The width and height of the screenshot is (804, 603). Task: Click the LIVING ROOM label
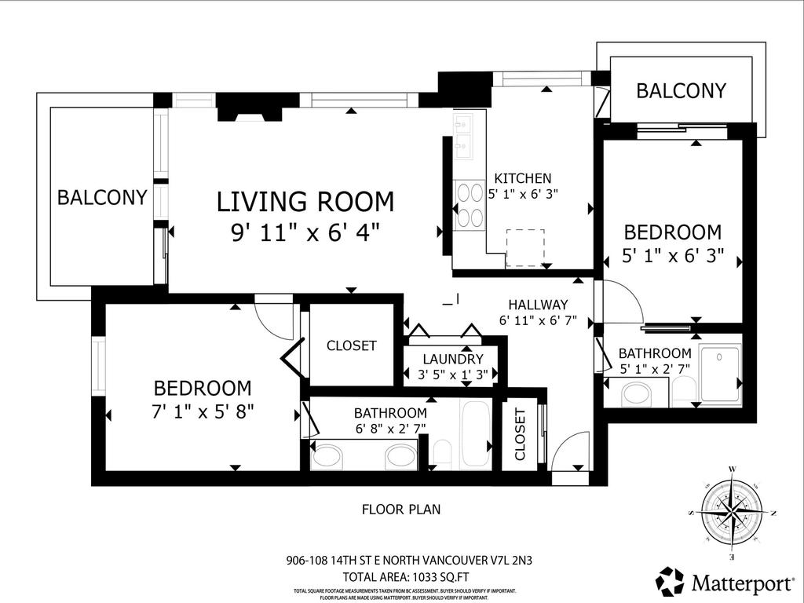(305, 202)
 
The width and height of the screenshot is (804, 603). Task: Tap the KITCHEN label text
(522, 178)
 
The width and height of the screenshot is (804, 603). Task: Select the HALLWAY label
(538, 305)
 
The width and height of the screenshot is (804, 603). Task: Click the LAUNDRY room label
(451, 359)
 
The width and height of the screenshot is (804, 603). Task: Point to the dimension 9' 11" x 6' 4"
(305, 232)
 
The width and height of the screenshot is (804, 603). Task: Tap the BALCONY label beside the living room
(102, 197)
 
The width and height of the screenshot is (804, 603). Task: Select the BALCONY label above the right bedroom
(681, 90)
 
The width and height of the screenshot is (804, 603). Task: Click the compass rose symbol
(732, 512)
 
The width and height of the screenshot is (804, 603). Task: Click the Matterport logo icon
(670, 581)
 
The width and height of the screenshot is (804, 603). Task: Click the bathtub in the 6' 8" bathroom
(474, 434)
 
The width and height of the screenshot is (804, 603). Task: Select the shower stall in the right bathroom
(719, 375)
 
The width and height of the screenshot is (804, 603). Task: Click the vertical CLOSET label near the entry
(520, 434)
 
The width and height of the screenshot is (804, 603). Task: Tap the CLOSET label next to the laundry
(351, 345)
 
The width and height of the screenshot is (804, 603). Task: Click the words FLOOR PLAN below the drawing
(400, 509)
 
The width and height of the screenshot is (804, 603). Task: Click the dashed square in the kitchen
(524, 248)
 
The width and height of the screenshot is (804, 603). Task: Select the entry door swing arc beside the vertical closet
(568, 451)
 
